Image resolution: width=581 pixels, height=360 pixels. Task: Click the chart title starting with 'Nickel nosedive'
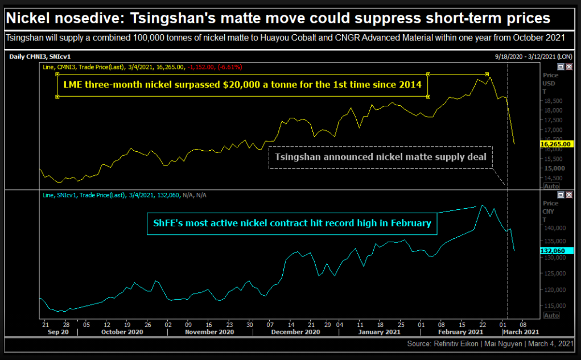pos(278,18)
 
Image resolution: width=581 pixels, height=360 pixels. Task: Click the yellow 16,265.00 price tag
pos(557,144)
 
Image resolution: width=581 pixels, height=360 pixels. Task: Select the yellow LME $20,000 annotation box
pos(242,85)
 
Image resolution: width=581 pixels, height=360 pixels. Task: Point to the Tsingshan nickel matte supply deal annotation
pos(381,157)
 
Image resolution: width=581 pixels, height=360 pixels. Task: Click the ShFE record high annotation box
pos(292,223)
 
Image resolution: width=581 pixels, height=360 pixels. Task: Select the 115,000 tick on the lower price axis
pos(554,305)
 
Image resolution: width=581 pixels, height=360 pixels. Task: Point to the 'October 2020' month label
pos(122,332)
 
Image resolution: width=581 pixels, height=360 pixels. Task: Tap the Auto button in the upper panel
pos(551,186)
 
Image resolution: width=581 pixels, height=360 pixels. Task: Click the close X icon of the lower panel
pos(568,195)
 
